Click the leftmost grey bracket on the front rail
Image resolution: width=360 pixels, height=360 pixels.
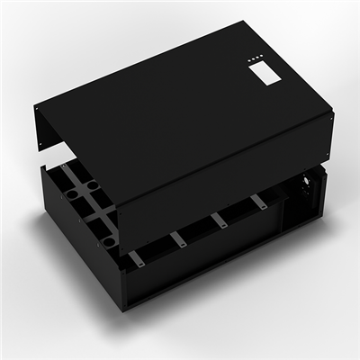click(x=136, y=259)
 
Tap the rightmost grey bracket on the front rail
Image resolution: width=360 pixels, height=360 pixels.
click(x=258, y=202)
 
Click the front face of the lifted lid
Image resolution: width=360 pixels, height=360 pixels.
click(x=225, y=171)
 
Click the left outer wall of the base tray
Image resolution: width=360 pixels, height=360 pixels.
click(x=76, y=243)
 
